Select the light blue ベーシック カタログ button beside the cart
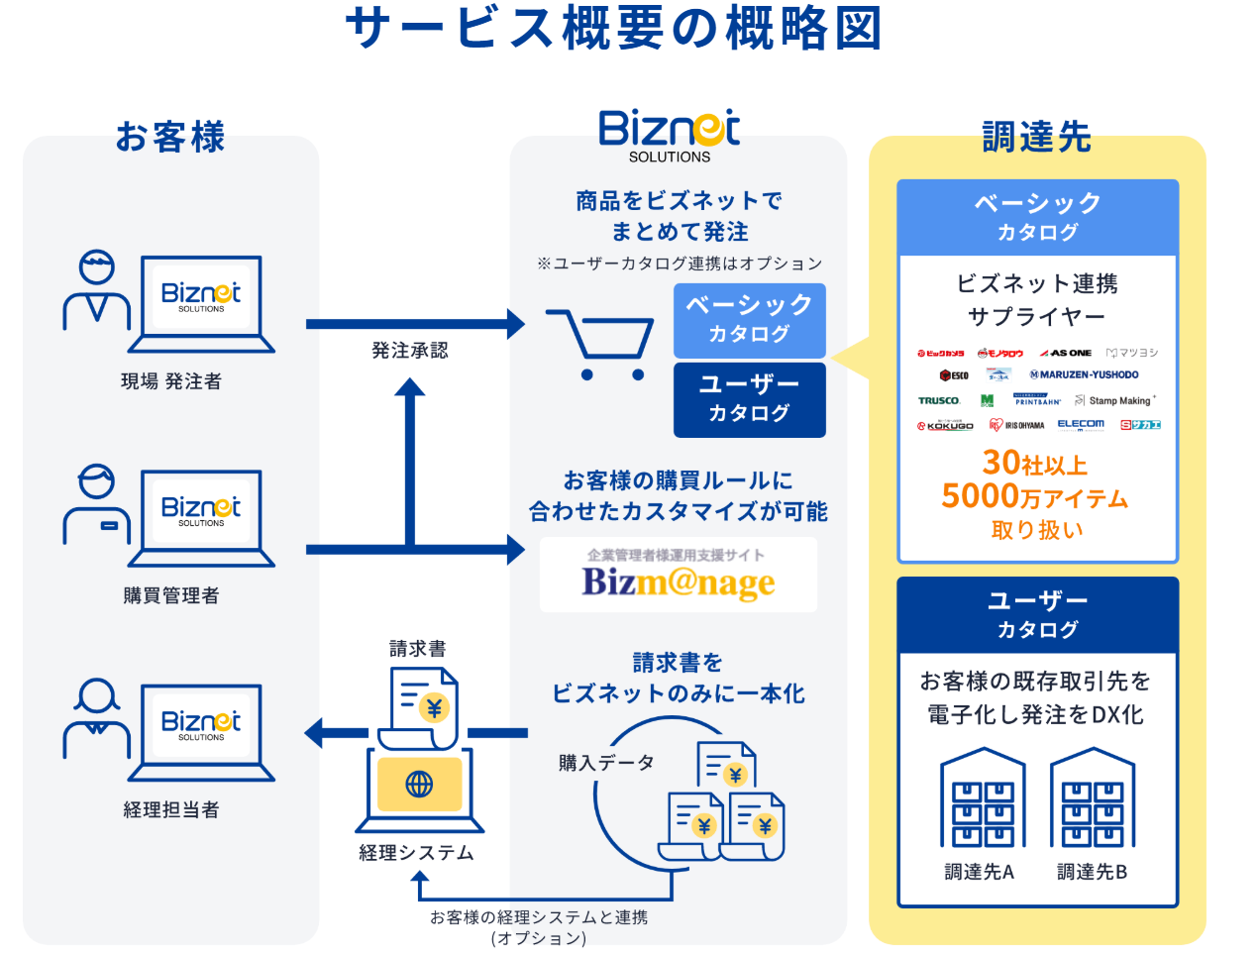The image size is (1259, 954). click(x=749, y=320)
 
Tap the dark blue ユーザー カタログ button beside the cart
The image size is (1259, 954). click(x=749, y=399)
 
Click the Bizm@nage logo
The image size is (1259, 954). click(x=679, y=576)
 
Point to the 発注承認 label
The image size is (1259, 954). click(x=410, y=351)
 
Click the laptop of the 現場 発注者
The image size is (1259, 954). click(x=201, y=302)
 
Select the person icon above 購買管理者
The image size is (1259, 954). click(x=96, y=504)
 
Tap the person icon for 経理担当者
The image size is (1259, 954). click(x=96, y=718)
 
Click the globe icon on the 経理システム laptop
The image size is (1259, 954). click(x=419, y=785)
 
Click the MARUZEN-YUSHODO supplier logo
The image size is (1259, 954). click(x=1084, y=375)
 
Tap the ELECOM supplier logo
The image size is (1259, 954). click(x=1081, y=425)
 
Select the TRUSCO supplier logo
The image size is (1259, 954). click(x=938, y=401)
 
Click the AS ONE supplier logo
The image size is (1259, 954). click(x=1066, y=353)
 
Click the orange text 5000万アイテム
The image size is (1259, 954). click(x=1035, y=496)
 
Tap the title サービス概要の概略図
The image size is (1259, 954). click(x=613, y=28)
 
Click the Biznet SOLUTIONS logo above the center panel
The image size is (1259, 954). click(x=670, y=135)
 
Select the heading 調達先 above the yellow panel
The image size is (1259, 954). click(x=1036, y=137)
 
